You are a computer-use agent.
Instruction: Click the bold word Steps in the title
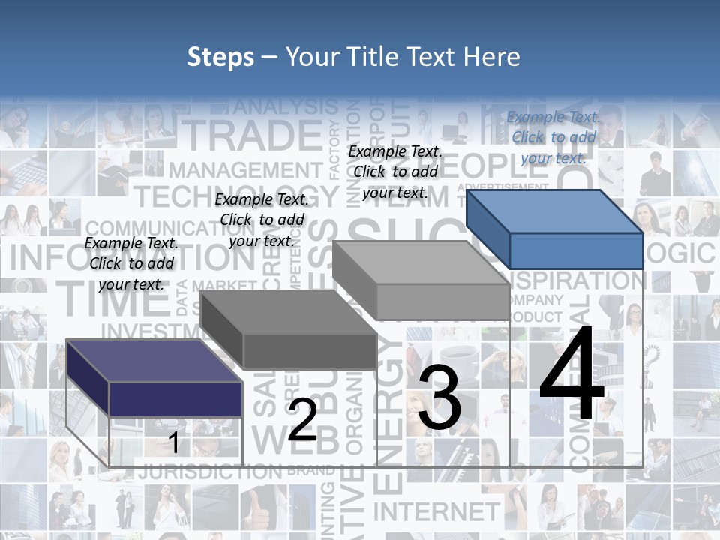click(x=220, y=57)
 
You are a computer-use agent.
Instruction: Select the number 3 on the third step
click(x=439, y=398)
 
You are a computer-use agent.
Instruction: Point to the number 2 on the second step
click(x=303, y=420)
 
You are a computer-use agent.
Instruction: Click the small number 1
click(x=174, y=442)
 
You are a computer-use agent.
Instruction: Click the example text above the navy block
click(x=131, y=263)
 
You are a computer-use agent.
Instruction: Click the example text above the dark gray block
click(x=262, y=220)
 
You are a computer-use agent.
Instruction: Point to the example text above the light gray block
click(x=395, y=172)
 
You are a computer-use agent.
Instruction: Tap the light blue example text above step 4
click(x=553, y=137)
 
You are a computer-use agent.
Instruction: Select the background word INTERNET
click(x=436, y=511)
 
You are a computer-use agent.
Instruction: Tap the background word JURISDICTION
click(x=210, y=472)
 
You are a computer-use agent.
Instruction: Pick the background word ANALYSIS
click(x=286, y=107)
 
